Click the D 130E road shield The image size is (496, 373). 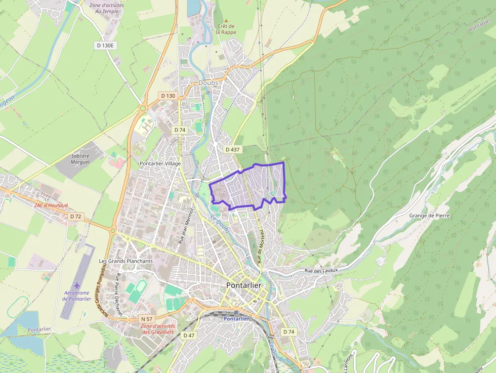coord(106,46)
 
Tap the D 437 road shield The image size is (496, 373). coord(232,149)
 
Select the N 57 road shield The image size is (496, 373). coord(147,319)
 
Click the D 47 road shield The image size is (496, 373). coord(189,336)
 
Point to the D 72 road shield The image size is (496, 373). coord(75,216)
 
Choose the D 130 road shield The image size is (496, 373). coord(168,96)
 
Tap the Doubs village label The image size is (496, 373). coord(208,82)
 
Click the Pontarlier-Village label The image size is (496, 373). coord(160,163)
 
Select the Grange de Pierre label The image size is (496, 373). coord(429,216)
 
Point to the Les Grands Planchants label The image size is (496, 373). coord(126,261)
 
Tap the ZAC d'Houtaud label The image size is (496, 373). coord(51,205)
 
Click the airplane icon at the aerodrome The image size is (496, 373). coord(77,285)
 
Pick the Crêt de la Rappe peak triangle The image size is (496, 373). coord(226,19)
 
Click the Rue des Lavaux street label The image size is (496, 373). coord(321,271)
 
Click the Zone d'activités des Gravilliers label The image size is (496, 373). coord(158,329)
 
